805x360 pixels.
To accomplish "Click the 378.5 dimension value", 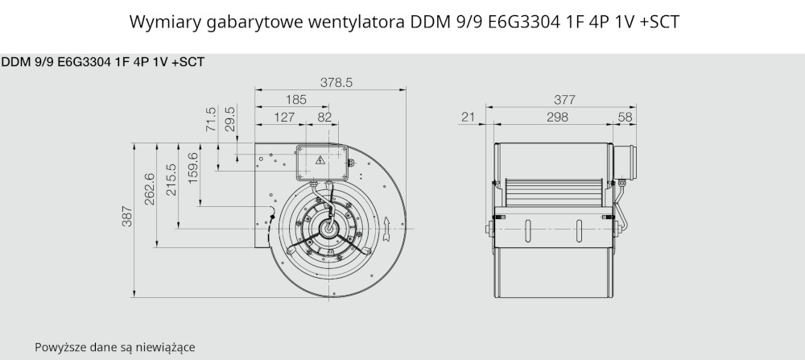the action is point(336,83).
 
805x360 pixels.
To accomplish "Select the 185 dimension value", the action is point(296,100).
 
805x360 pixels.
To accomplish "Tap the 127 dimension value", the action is point(284,117).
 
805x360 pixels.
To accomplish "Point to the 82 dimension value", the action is point(324,117).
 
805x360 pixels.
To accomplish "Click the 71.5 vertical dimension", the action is point(211,119).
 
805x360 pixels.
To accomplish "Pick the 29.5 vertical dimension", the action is point(230,119).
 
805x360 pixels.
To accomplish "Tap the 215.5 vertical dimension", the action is point(171,180).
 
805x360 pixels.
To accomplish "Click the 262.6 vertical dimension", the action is point(150,189).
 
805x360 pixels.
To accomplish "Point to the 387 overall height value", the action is point(127,216).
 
